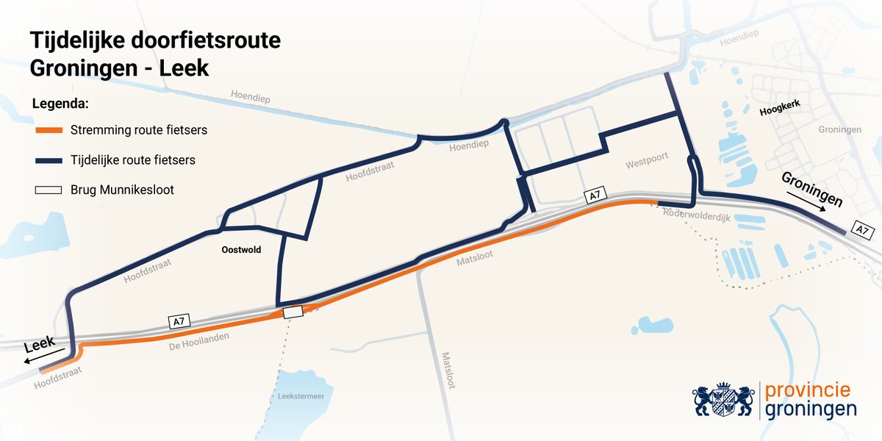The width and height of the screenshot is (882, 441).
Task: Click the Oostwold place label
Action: pos(242,250)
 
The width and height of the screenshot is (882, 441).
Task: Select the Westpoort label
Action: pos(645,165)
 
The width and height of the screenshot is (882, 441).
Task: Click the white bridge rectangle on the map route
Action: pos(293,312)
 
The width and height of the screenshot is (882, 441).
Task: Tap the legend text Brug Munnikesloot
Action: pos(122,190)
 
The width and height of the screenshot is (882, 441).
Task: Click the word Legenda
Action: pos(60,103)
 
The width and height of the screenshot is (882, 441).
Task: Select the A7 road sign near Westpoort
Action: pos(594,196)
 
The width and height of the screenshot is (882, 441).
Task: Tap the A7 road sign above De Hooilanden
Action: pos(178,321)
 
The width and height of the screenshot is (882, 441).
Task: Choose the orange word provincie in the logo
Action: pos(808,390)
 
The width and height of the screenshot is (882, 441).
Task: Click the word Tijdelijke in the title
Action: pos(79,41)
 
